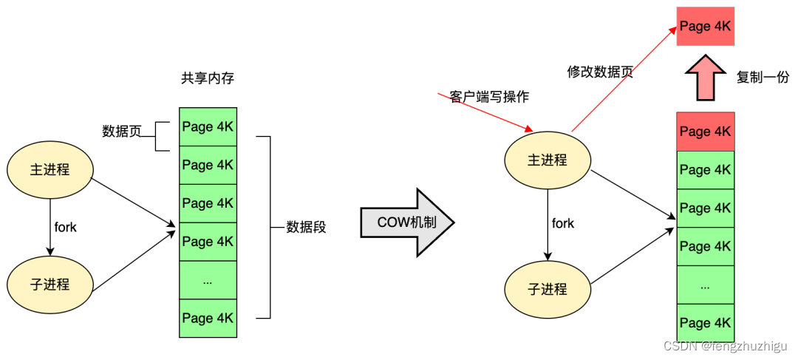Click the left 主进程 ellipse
point(51,169)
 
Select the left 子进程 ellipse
point(51,284)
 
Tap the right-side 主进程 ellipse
point(548,160)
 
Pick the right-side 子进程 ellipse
point(548,288)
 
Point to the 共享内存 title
point(208,78)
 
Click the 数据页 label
point(121,131)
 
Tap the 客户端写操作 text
point(489,97)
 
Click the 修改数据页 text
point(600,72)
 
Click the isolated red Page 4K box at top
point(705,27)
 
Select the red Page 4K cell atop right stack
point(705,132)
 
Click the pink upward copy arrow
point(705,78)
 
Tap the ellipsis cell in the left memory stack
point(208,280)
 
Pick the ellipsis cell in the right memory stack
point(705,285)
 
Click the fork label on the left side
point(66,227)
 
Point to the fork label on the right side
point(563,223)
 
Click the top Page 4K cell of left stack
point(208,127)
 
